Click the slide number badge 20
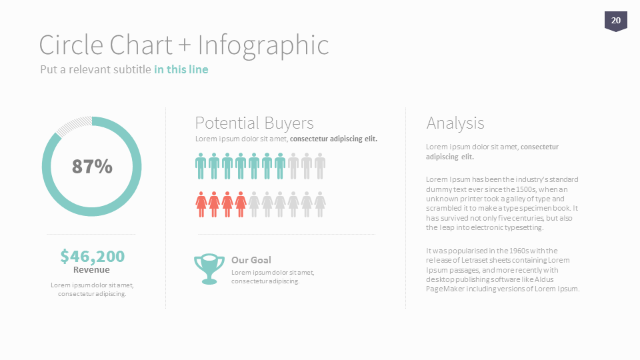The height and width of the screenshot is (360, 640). (x=615, y=21)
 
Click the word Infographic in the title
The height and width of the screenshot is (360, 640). (x=263, y=45)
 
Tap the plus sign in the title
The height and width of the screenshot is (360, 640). (x=185, y=45)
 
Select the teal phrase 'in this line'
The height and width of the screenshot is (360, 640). (x=181, y=69)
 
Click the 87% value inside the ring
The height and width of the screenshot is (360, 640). (x=92, y=167)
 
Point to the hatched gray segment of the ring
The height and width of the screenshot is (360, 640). (x=73, y=125)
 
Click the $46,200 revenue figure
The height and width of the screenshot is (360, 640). (x=92, y=256)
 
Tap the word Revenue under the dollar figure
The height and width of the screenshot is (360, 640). (x=91, y=270)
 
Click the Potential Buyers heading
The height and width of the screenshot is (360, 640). (x=254, y=123)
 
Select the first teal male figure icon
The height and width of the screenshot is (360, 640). (x=201, y=166)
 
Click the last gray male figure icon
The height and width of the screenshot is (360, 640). (x=320, y=166)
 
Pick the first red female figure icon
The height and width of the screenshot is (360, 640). (x=201, y=205)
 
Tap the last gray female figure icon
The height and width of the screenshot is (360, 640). (x=320, y=205)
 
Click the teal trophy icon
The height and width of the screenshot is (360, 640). (x=209, y=269)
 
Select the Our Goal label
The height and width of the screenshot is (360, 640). (x=251, y=260)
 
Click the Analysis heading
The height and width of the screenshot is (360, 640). (x=455, y=123)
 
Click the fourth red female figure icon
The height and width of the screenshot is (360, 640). (x=241, y=205)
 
